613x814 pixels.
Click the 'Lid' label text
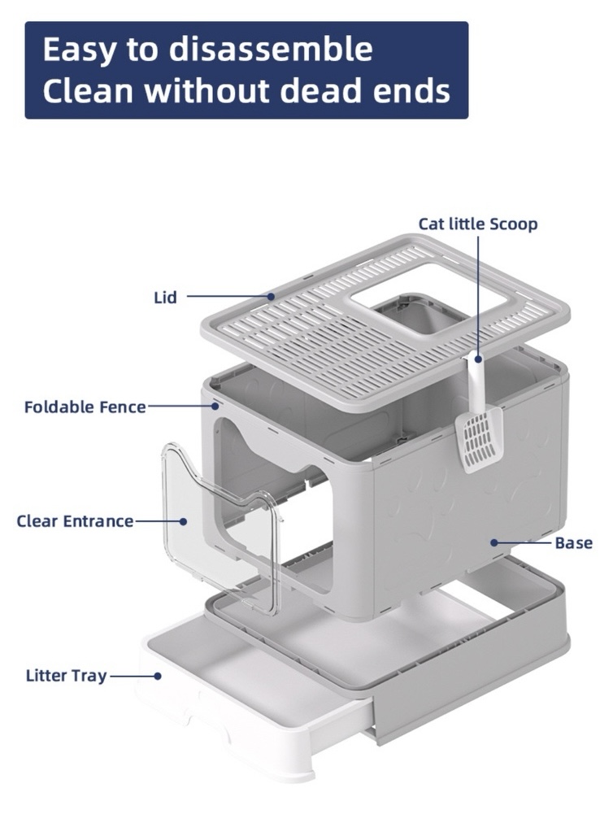(x=165, y=298)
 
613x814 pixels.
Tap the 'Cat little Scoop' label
(x=478, y=224)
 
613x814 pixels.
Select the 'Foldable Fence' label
(x=85, y=407)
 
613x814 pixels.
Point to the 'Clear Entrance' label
(x=75, y=521)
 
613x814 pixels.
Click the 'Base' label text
(x=573, y=543)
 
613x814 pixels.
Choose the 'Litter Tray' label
(x=67, y=676)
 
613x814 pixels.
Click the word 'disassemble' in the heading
(x=271, y=50)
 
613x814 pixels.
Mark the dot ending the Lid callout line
(x=271, y=297)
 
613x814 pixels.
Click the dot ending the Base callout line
(x=494, y=542)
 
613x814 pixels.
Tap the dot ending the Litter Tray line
(x=158, y=676)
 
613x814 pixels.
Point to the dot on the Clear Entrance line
(x=183, y=521)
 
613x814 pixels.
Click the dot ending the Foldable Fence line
(x=215, y=406)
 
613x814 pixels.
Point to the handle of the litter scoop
(x=477, y=381)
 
